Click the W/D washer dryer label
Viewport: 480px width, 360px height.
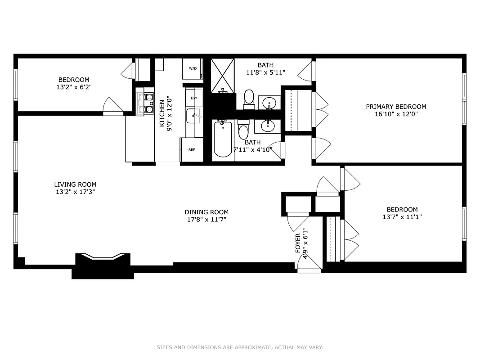[x=193, y=69]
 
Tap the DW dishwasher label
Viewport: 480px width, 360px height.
[x=193, y=98]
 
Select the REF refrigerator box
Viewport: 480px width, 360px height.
[x=192, y=150]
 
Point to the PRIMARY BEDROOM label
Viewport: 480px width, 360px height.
[x=396, y=107]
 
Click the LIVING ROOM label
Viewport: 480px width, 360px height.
[x=75, y=184]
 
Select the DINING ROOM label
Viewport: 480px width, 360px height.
[x=206, y=212]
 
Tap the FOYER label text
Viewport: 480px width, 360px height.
[x=298, y=243]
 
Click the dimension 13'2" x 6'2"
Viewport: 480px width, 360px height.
[x=73, y=87]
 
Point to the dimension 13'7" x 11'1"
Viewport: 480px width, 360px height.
[x=402, y=217]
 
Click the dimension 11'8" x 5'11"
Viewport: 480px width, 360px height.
[x=265, y=72]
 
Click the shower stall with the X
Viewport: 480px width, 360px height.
[x=222, y=75]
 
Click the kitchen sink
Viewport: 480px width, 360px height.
[x=194, y=116]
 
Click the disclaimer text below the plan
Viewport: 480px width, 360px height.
[x=240, y=347]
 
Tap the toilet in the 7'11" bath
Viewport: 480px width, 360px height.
[x=243, y=130]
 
